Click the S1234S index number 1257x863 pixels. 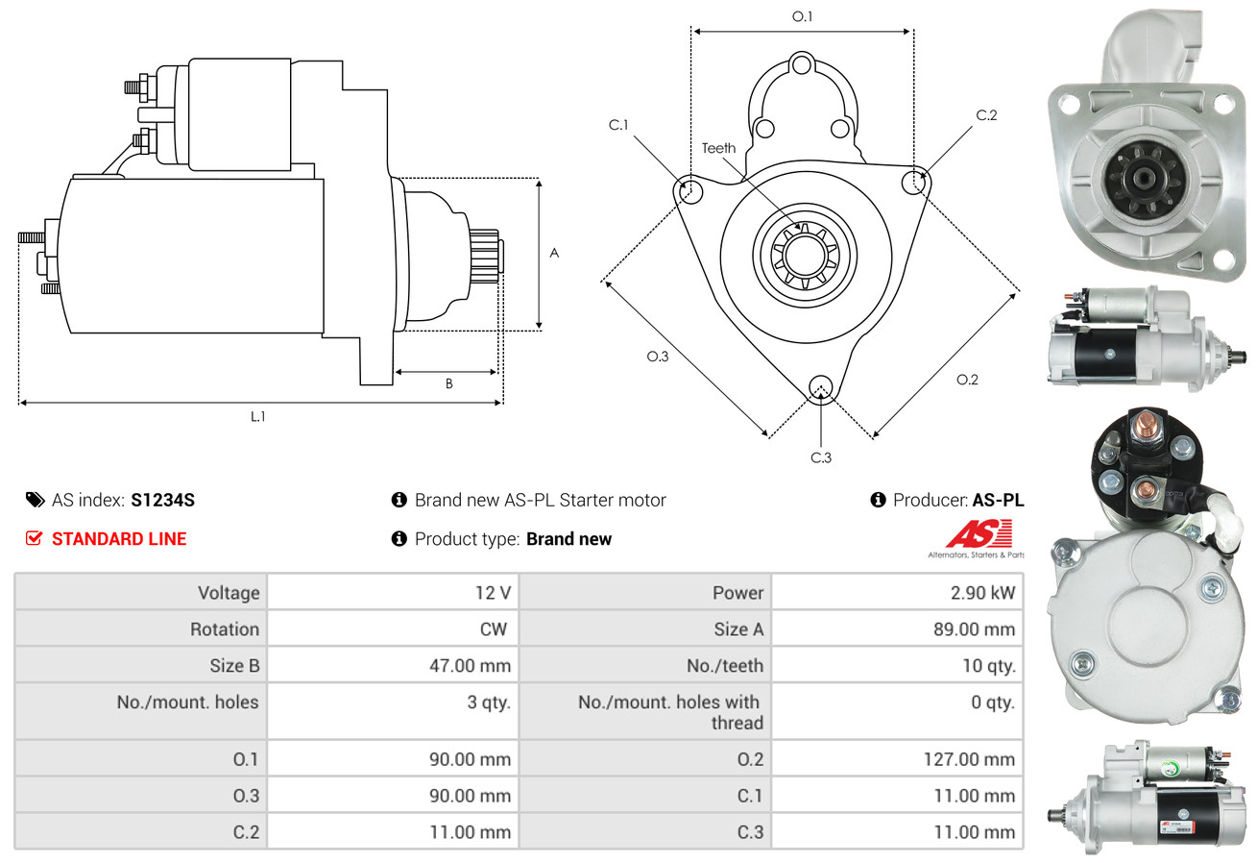[x=162, y=501]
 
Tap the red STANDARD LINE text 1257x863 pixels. [x=119, y=539]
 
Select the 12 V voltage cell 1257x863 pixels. [x=494, y=593]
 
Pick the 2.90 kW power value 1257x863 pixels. [x=982, y=593]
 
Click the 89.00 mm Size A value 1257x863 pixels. [x=974, y=629]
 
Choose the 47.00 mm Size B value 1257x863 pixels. [x=471, y=666]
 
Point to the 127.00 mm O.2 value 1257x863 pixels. [x=969, y=759]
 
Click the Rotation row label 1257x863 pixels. [x=225, y=629]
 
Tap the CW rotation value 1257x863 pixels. [x=494, y=629]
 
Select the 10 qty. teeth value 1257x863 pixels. [x=989, y=666]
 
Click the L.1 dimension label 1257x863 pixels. [x=257, y=417]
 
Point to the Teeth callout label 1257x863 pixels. [x=718, y=148]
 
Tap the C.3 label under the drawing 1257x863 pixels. [x=821, y=457]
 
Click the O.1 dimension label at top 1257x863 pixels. [x=803, y=17]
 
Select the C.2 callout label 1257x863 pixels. [x=986, y=115]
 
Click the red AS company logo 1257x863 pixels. [x=979, y=533]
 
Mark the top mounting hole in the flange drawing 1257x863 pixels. [x=802, y=64]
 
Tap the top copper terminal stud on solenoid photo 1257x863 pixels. [x=1146, y=423]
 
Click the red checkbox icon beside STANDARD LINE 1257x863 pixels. [x=34, y=538]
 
